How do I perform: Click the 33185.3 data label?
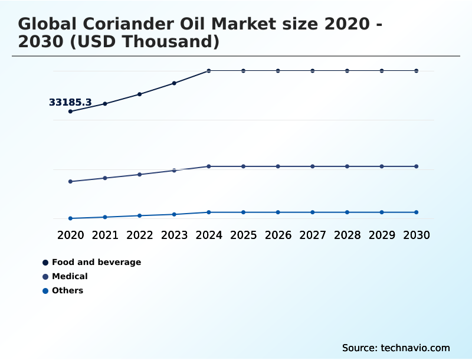point(70,103)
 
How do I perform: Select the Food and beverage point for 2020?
point(71,112)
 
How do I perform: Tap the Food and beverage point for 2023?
point(174,83)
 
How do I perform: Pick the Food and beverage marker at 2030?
point(416,71)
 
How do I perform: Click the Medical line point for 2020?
point(71,182)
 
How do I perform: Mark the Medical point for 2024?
point(209,166)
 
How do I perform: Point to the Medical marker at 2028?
point(347,166)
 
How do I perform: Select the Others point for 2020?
point(71,218)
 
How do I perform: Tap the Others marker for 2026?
point(278,212)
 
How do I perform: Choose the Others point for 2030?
point(416,212)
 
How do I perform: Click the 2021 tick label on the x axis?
point(105,235)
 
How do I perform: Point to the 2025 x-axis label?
point(243,235)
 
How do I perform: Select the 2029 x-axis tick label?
point(382,235)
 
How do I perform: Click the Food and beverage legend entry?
point(96,262)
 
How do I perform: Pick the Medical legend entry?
point(70,276)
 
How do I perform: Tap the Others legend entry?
point(67,290)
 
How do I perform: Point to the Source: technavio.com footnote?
point(395,348)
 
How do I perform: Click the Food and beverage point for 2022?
point(140,94)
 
